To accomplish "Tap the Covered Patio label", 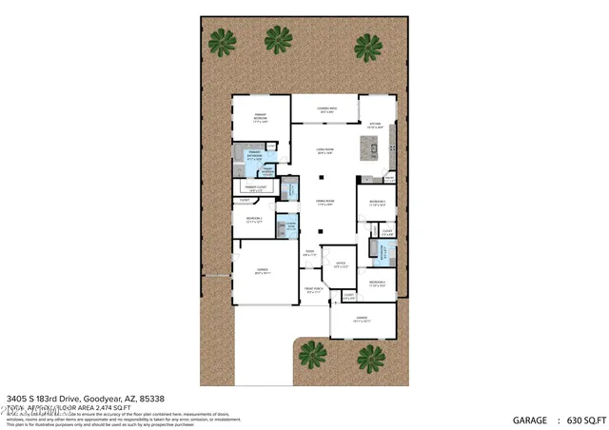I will click(x=324, y=112).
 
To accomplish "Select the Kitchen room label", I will click(x=375, y=124).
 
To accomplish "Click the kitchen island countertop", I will click(x=369, y=148).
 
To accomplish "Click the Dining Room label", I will click(x=324, y=203).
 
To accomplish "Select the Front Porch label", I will click(x=314, y=291).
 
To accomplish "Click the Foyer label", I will click(x=310, y=254).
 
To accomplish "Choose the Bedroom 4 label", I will click(x=378, y=283).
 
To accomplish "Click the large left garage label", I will click(x=263, y=271).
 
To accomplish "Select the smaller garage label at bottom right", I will click(x=363, y=319).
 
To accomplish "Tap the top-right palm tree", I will click(x=367, y=45).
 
